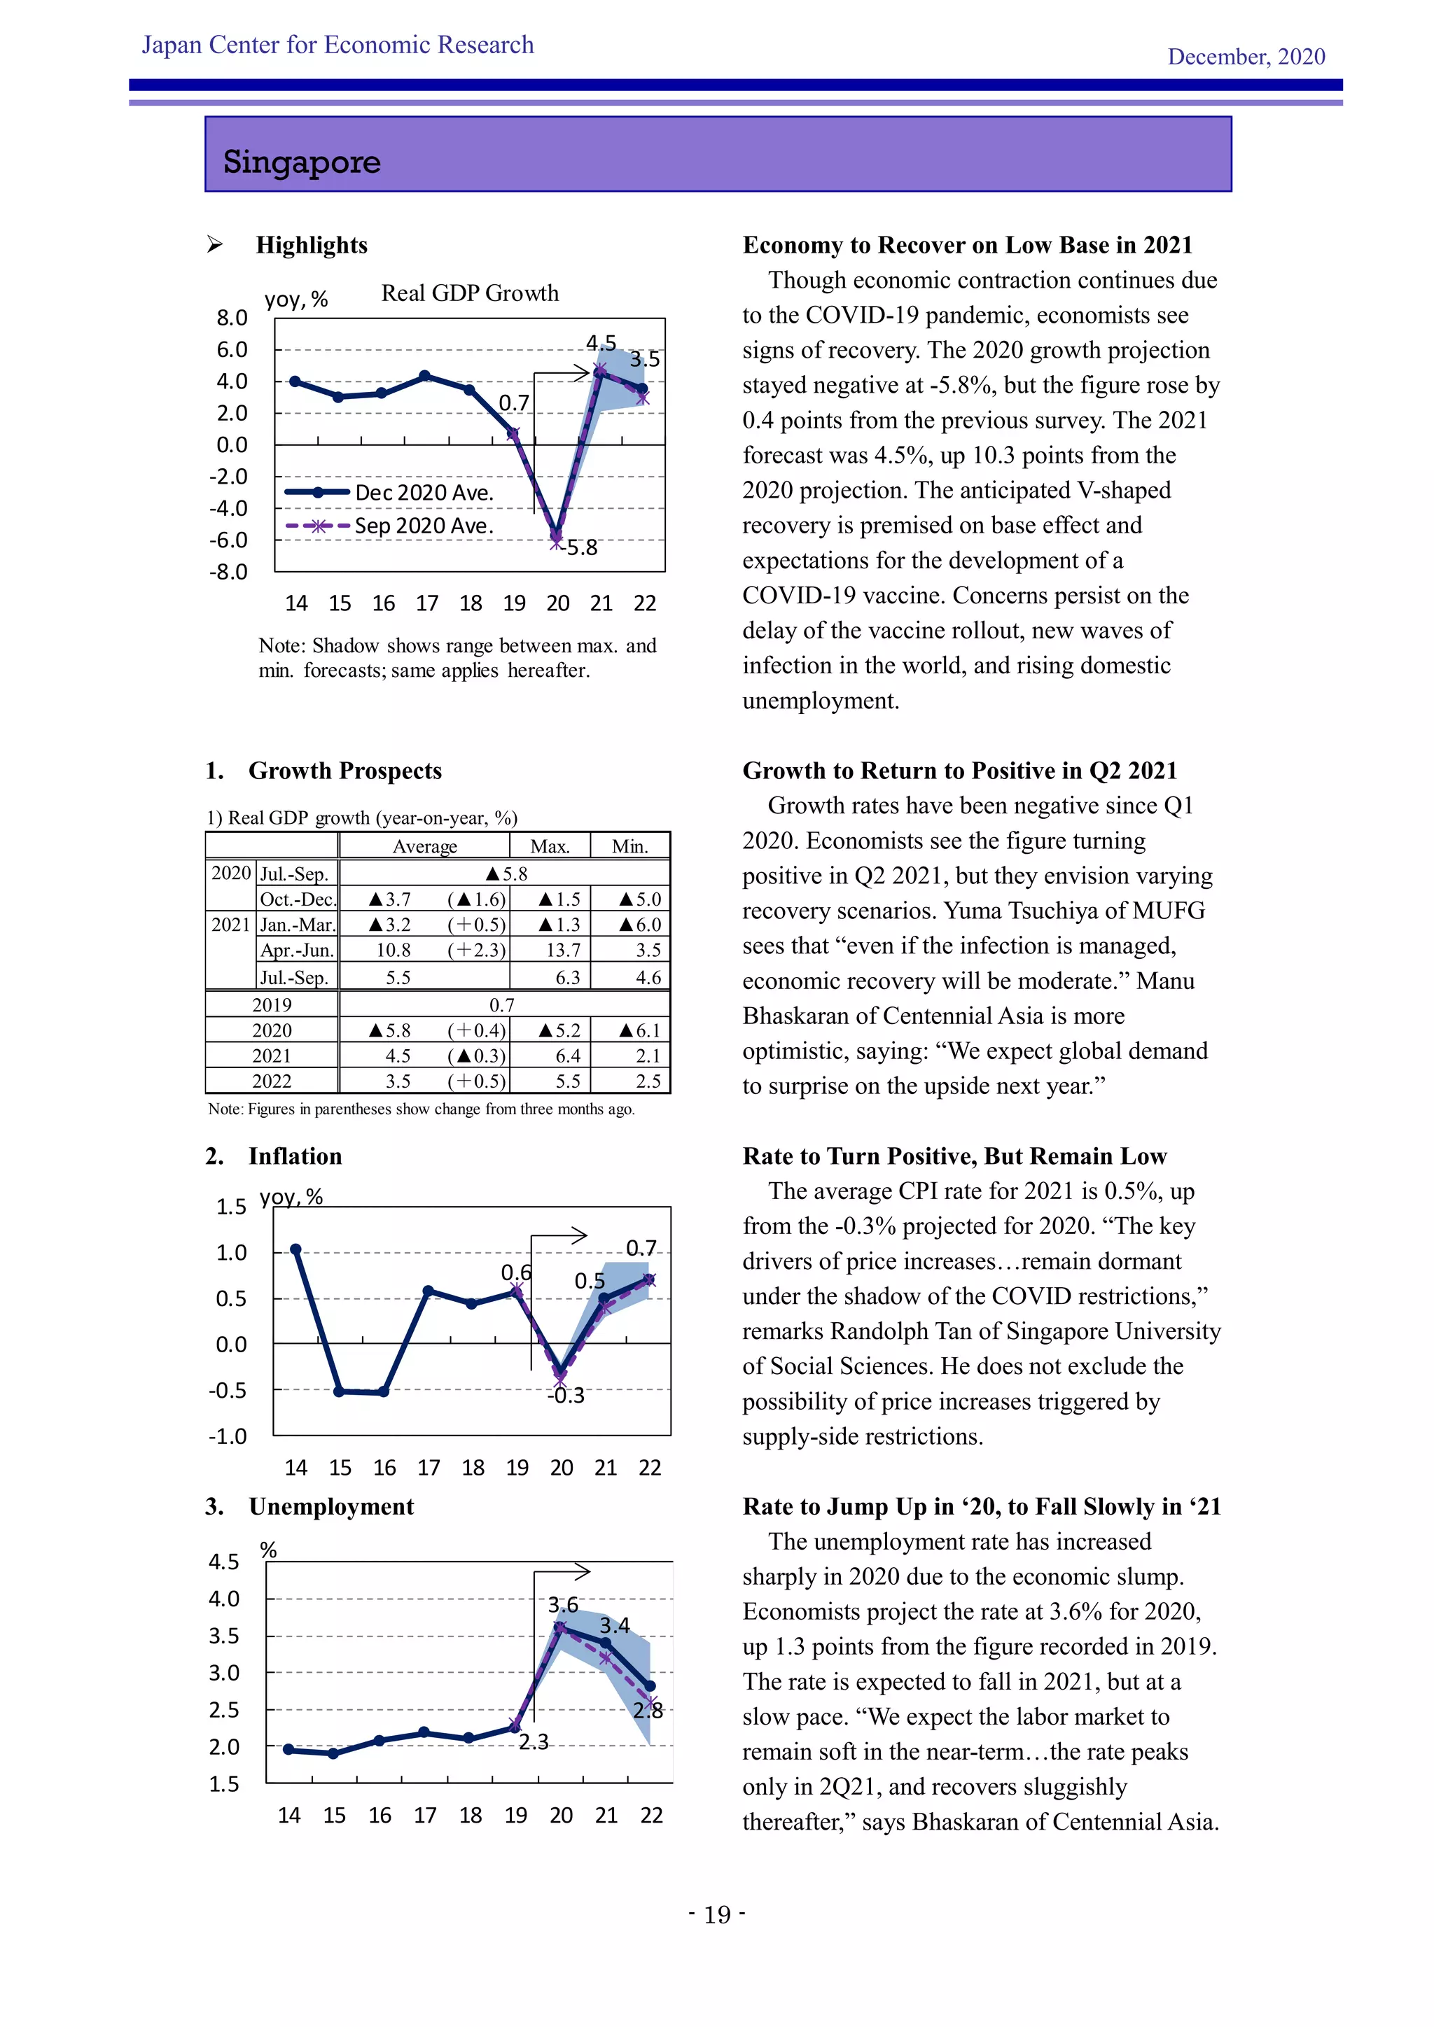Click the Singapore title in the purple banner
click(x=302, y=162)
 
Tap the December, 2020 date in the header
click(x=1245, y=57)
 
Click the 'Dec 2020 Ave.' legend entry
click(x=424, y=493)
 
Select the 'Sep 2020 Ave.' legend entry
click(x=423, y=526)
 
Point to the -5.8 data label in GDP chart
click(x=581, y=548)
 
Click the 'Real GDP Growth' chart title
click(x=470, y=293)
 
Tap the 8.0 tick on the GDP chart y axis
click(x=232, y=318)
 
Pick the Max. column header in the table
click(x=549, y=846)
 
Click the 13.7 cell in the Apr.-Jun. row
click(x=564, y=950)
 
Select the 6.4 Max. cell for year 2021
click(x=568, y=1056)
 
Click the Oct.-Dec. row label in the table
click(x=298, y=899)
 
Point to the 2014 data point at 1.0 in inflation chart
click(x=295, y=1249)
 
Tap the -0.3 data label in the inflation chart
click(x=566, y=1396)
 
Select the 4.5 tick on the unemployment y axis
click(x=223, y=1562)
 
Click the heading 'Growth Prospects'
click(x=344, y=771)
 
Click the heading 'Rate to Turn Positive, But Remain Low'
click(x=954, y=1156)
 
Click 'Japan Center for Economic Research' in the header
click(x=337, y=45)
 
